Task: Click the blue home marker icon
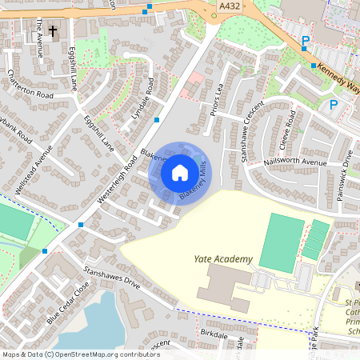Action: click(179, 172)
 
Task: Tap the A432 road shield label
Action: click(228, 6)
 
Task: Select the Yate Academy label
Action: click(223, 259)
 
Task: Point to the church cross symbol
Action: click(54, 32)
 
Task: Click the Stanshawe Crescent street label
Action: click(250, 131)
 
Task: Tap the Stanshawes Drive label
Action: click(111, 277)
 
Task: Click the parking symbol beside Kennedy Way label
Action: click(305, 41)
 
